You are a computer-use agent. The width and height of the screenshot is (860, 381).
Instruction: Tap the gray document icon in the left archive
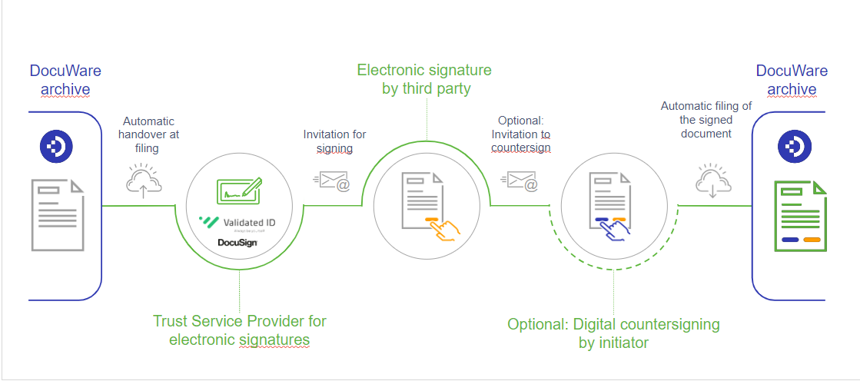(58, 215)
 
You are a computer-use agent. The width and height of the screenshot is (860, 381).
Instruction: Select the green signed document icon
(799, 217)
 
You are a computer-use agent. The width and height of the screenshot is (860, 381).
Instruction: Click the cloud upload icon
(143, 181)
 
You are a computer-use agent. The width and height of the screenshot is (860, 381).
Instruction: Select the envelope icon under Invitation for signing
(332, 181)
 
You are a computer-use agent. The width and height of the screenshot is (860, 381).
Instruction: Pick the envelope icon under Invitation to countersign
(520, 181)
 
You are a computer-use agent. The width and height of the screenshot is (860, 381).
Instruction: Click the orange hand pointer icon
(443, 228)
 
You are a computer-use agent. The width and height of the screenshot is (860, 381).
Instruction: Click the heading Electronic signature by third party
(424, 79)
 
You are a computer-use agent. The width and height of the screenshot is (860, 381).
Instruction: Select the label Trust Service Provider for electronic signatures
(239, 330)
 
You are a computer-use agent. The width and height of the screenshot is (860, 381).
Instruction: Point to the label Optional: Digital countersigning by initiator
(613, 333)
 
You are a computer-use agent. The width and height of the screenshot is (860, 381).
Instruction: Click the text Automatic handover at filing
(148, 134)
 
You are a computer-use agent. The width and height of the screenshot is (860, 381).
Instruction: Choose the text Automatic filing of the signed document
(706, 120)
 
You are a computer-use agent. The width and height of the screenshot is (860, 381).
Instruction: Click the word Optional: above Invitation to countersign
(520, 121)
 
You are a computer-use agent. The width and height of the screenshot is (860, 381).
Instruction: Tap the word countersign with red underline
(520, 148)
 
